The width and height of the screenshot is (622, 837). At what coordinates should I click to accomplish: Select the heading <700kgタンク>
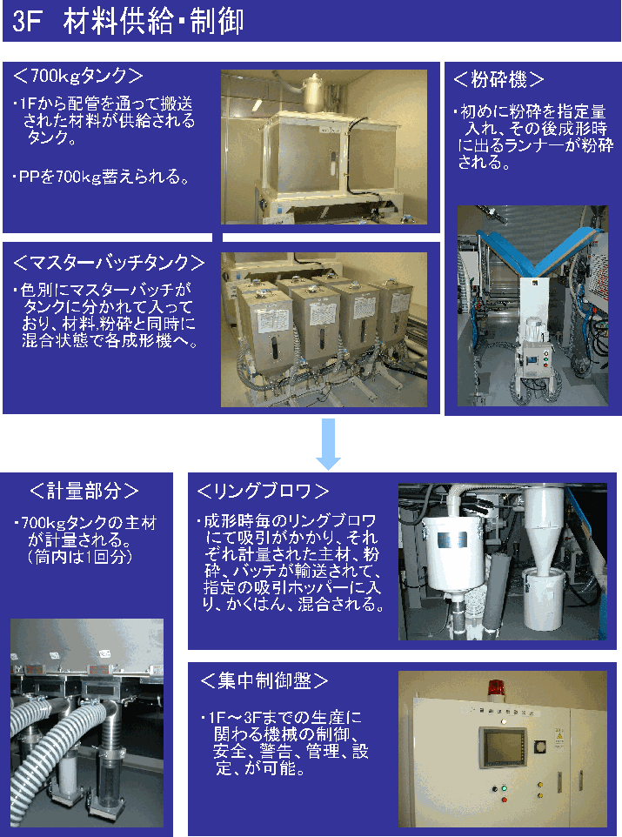click(x=78, y=76)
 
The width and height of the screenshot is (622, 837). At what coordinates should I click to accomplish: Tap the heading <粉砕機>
click(x=498, y=79)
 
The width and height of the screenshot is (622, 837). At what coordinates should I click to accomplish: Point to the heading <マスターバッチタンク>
click(x=109, y=262)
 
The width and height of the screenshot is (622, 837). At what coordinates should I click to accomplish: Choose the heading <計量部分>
click(x=84, y=491)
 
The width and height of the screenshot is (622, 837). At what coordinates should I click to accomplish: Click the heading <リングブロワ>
click(x=263, y=491)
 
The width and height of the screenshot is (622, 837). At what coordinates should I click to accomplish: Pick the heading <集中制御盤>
click(x=264, y=680)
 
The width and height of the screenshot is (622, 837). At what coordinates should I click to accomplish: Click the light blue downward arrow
click(x=328, y=444)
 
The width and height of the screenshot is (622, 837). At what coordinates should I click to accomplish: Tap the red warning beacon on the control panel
click(x=497, y=689)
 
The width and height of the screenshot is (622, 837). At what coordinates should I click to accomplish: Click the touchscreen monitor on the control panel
click(x=502, y=747)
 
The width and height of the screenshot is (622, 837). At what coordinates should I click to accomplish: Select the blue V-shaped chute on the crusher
click(x=540, y=251)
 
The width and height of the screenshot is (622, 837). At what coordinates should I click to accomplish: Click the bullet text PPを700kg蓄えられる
click(x=102, y=176)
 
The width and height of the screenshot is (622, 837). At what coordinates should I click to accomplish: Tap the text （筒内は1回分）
click(x=79, y=557)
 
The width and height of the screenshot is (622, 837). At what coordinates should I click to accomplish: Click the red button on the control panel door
click(x=504, y=800)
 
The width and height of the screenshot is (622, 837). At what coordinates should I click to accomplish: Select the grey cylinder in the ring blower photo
click(x=495, y=591)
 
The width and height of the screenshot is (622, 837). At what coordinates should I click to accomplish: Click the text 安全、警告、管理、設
click(x=291, y=751)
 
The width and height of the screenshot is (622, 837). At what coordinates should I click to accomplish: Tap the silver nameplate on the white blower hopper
click(x=451, y=540)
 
